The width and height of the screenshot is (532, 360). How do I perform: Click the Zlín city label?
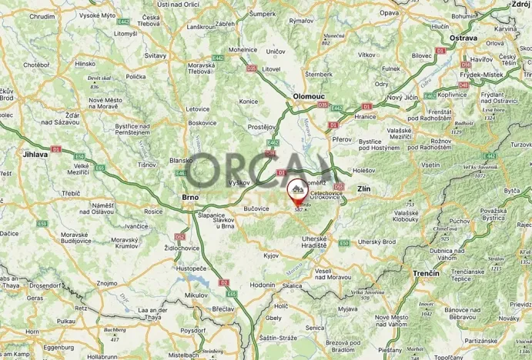point(365,188)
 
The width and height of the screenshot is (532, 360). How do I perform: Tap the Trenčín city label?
point(424,274)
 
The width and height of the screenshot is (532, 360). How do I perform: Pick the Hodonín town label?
point(262,285)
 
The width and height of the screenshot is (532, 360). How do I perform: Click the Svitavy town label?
point(156,57)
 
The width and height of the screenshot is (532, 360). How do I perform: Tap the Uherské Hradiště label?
point(321,245)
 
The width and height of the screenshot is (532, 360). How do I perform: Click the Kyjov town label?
point(270,254)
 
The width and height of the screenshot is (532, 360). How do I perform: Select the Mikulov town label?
point(174,295)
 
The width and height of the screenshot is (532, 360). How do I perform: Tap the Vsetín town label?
point(430,165)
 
